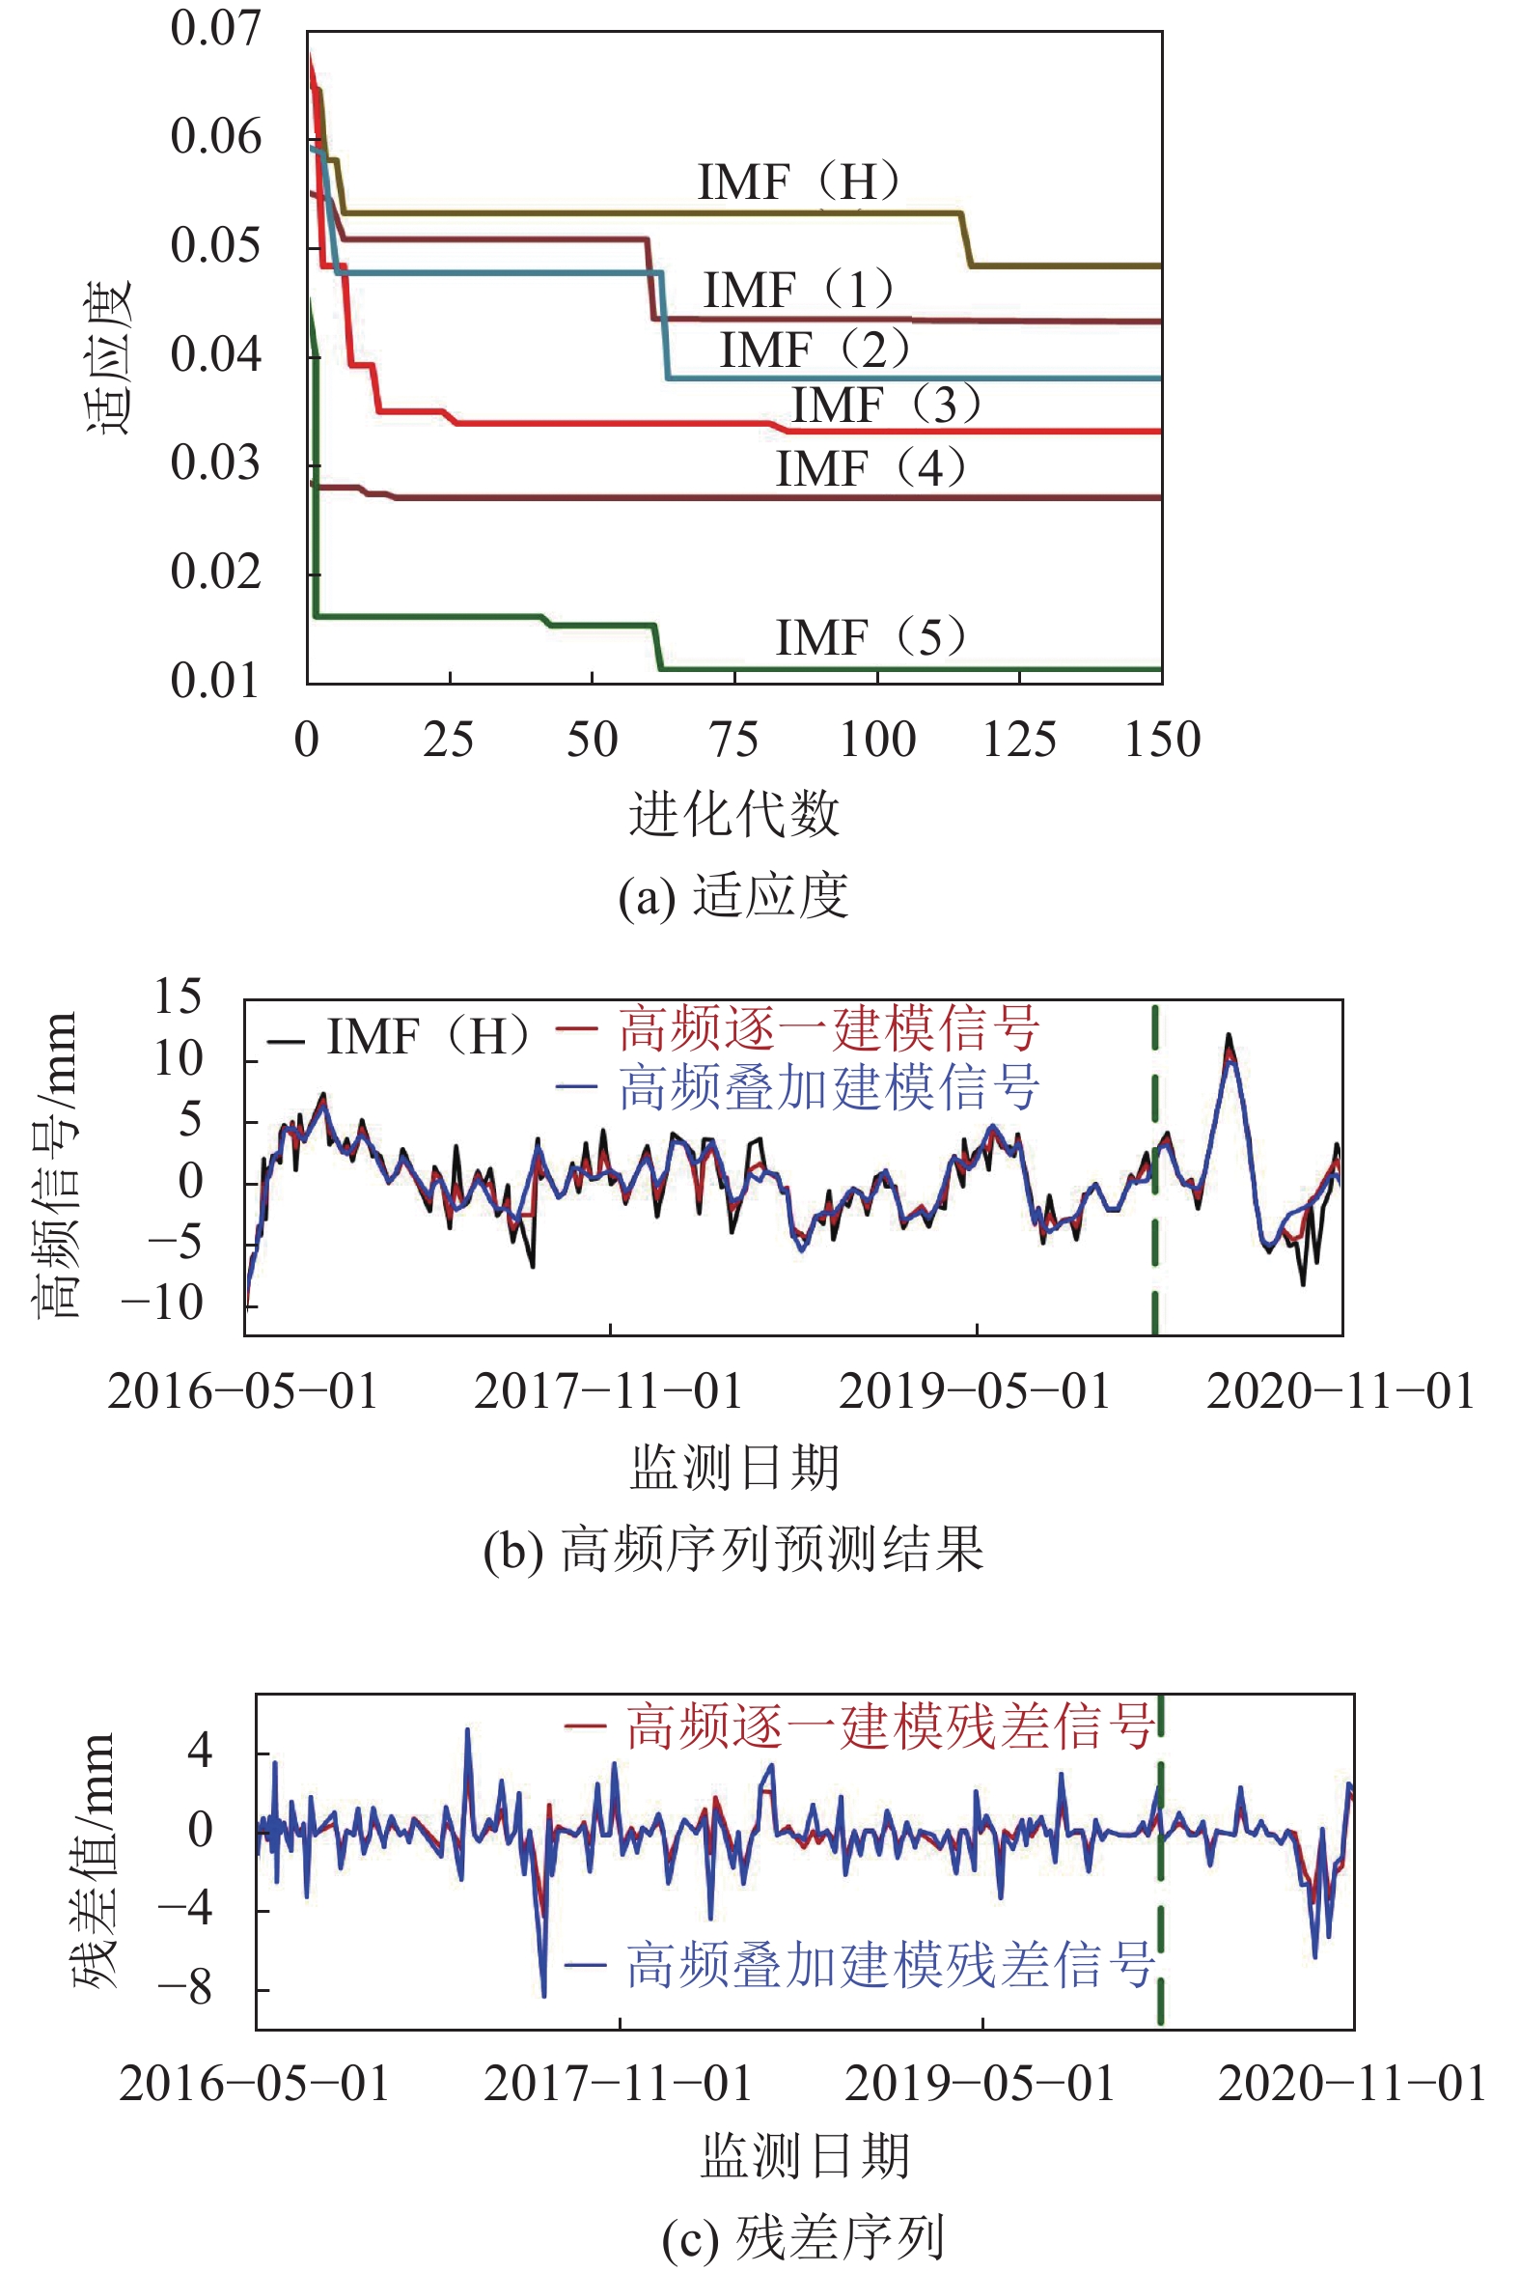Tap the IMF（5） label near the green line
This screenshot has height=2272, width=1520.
[x=871, y=637]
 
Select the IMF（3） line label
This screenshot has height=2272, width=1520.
[x=886, y=405]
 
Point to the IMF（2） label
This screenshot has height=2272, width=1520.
[x=815, y=350]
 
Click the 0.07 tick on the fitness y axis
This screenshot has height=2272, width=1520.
[x=215, y=28]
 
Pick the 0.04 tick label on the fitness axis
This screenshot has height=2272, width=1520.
[x=215, y=354]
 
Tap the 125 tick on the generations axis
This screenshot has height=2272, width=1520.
[x=1019, y=740]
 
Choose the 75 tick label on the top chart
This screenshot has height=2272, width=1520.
[x=733, y=740]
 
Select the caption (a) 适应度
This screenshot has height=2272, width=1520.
[x=733, y=896]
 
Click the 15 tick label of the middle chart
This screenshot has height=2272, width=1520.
[x=179, y=996]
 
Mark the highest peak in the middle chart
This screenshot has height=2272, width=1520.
[x=1229, y=1037]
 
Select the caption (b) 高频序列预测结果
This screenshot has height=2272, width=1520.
[x=733, y=1549]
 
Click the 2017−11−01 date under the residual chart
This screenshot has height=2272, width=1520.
[x=619, y=2084]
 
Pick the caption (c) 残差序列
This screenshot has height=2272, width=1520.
[x=803, y=2237]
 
